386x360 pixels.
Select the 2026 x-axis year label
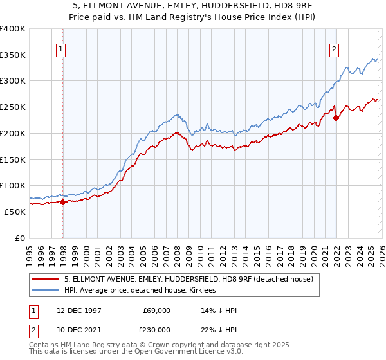(x=380, y=251)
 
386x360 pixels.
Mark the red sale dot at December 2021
(x=336, y=118)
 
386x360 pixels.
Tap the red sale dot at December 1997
(x=63, y=202)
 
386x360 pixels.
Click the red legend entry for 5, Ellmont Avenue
(x=188, y=279)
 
